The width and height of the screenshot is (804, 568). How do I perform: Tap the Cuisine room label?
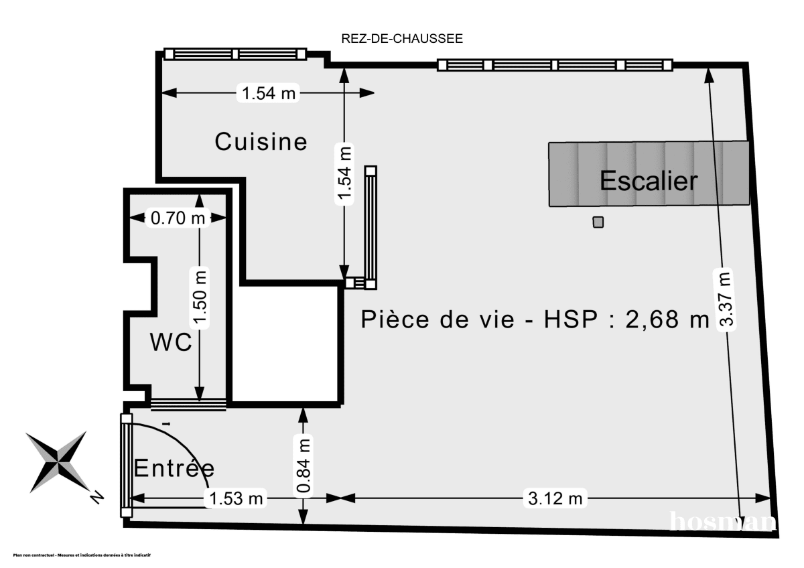pos(261,142)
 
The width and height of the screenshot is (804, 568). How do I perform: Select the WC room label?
pos(171,342)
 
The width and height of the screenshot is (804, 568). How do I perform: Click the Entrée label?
pos(174,468)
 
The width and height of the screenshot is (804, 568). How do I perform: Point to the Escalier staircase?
pos(648,174)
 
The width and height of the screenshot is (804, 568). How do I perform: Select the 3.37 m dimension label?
pos(725,299)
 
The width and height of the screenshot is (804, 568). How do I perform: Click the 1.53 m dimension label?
pos(235,498)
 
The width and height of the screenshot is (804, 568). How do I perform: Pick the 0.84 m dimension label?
pos(304,466)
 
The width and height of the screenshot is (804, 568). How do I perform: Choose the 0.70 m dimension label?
pos(178,218)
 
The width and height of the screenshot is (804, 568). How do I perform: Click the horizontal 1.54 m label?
pos(268,94)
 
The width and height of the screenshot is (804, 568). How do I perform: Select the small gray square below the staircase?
pos(598,222)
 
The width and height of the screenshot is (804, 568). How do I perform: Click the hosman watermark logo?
pos(724,521)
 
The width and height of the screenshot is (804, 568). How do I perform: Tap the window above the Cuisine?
pos(235,54)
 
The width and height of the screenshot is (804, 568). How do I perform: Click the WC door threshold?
pos(188,403)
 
